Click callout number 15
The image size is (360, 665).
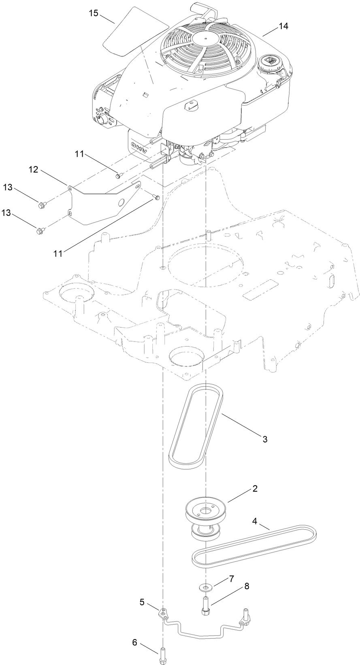(94, 13)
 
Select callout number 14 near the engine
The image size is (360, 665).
(283, 26)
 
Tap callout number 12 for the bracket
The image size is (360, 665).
(33, 169)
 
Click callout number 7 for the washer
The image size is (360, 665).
(231, 579)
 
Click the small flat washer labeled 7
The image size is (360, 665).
(207, 587)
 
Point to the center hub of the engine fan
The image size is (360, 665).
(207, 38)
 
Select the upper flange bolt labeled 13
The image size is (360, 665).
(42, 205)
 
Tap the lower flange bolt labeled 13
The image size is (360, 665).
(40, 231)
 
